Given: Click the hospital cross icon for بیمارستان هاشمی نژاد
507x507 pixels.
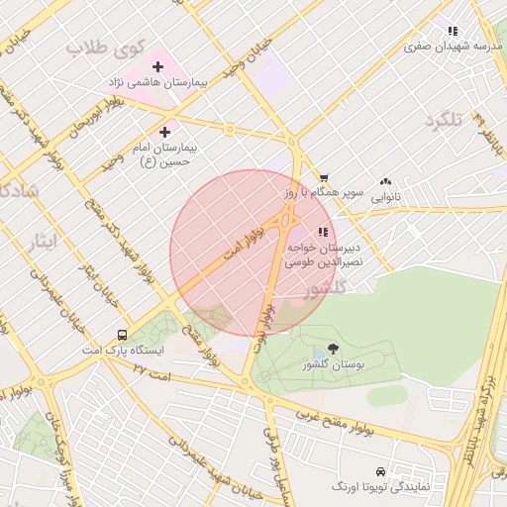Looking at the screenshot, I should (156, 66).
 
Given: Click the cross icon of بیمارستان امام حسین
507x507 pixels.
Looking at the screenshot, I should (164, 131).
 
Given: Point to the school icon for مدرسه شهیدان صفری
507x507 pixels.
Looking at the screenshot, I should (453, 31).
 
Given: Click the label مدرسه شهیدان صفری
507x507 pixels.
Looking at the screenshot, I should (454, 47).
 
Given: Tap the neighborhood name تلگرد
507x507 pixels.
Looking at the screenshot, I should (443, 120).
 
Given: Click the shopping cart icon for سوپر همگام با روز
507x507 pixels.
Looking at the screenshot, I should (324, 178).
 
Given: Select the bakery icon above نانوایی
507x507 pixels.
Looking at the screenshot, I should (385, 181).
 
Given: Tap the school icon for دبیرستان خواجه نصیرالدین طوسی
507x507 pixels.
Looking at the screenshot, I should (322, 232).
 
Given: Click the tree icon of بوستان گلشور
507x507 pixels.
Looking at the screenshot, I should (332, 349).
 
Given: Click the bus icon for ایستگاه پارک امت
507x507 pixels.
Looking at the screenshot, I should (122, 335).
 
